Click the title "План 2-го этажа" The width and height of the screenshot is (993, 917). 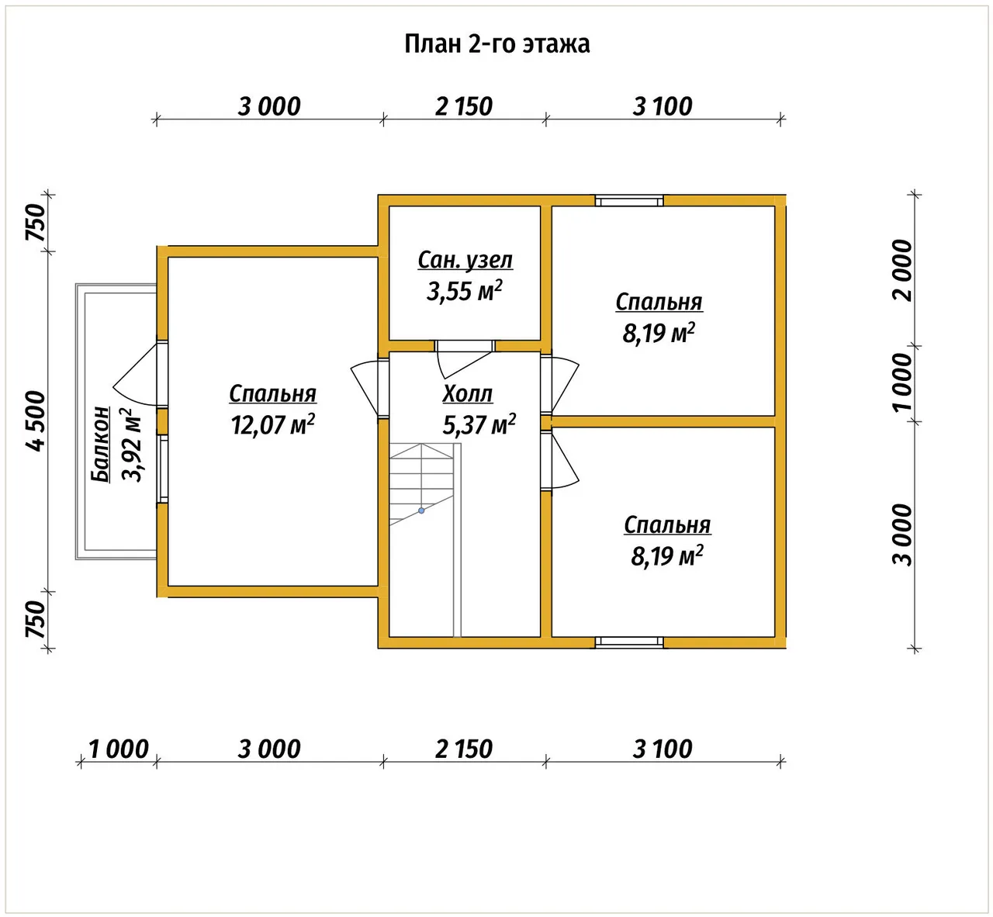pos(496,44)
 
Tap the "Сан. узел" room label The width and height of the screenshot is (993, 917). pos(465,260)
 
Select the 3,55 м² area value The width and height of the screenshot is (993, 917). pos(464,291)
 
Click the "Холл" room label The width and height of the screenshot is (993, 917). pos(468,394)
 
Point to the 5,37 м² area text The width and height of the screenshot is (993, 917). pos(479,424)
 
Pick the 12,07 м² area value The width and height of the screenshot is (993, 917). pos(272,424)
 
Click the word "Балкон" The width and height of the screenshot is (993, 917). pos(101,445)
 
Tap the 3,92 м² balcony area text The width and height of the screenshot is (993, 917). pos(132,445)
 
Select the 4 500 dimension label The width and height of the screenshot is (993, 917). pos(36,421)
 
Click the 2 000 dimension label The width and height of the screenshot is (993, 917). pos(902,270)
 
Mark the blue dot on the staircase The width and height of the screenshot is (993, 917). pos(421,510)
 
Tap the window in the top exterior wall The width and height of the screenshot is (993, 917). pos(629,201)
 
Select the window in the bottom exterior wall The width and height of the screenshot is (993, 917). pos(629,642)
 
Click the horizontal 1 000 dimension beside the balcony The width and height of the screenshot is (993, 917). pos(119,749)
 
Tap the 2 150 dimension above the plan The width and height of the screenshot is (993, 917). pos(464,106)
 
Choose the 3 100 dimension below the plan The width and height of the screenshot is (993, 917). pos(663,749)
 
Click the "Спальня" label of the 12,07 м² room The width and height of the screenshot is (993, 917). pos(272,394)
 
